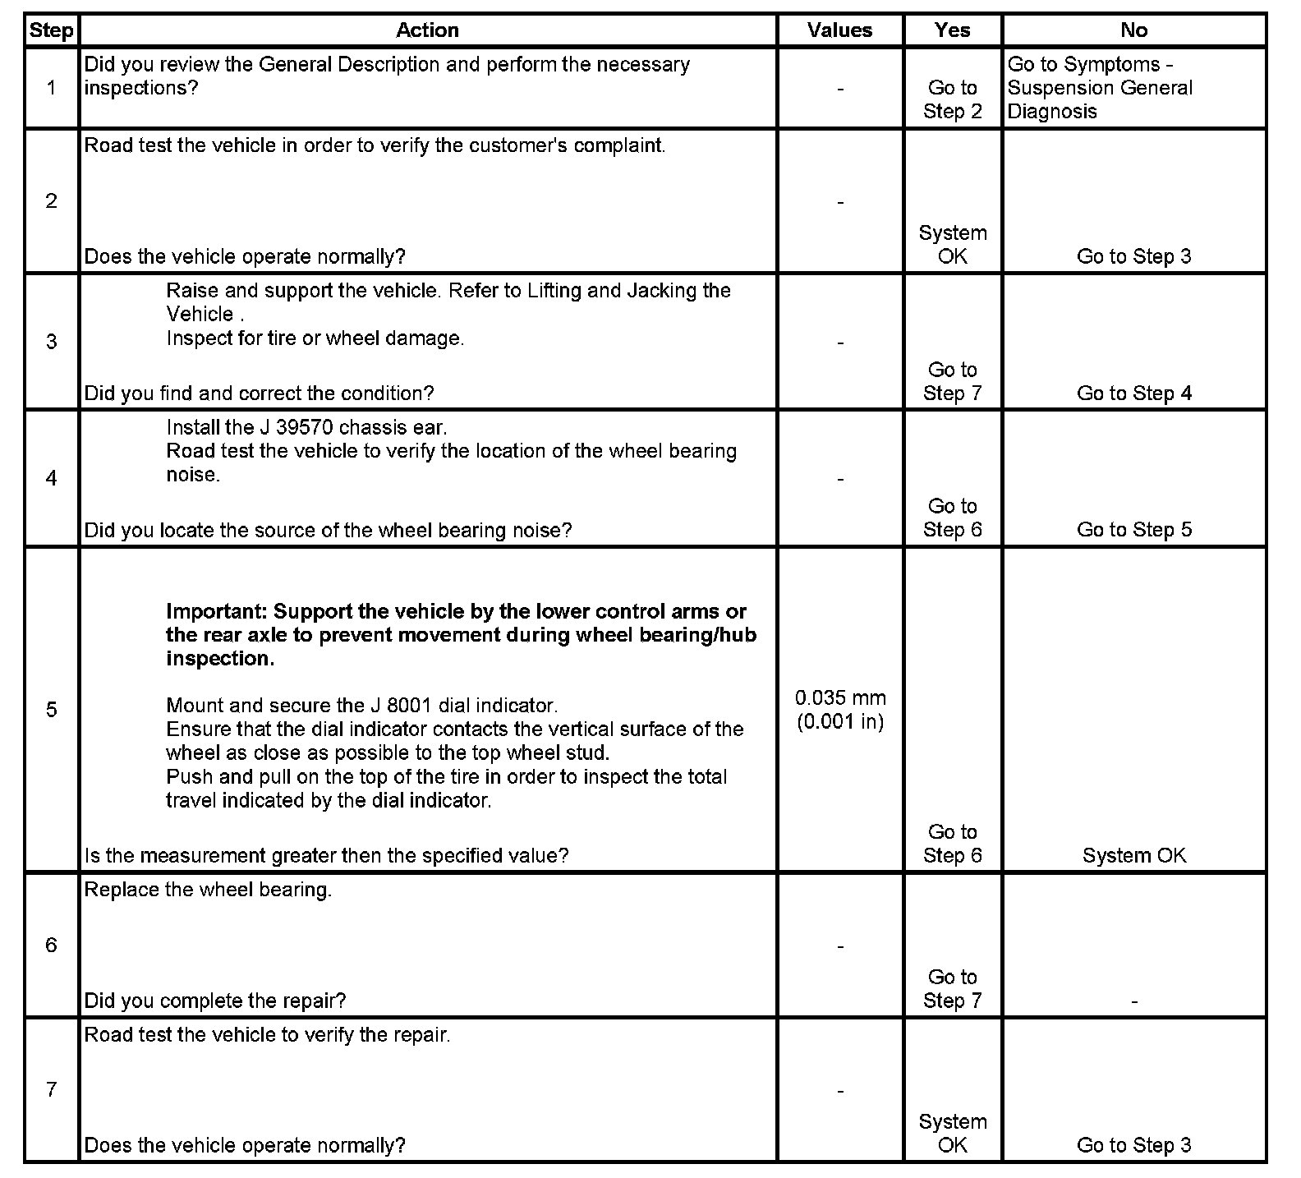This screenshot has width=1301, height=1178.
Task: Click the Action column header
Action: (427, 30)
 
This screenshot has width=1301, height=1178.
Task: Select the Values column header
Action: (839, 30)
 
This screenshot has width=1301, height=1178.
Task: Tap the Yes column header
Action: (952, 30)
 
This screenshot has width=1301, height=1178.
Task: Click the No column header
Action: (1133, 30)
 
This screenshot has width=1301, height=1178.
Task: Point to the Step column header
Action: (51, 30)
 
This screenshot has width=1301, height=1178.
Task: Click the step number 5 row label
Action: (51, 710)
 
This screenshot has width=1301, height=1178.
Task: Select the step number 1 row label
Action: (51, 88)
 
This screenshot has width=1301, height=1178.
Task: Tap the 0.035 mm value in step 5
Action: (840, 698)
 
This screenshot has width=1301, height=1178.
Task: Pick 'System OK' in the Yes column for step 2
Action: (953, 245)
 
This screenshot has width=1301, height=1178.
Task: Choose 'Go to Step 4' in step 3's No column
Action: (1133, 393)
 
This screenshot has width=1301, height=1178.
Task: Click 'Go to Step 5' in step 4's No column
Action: (1133, 530)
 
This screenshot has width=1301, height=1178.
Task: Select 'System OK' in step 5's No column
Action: (1133, 855)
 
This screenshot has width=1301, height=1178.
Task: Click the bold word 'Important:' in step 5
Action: (217, 612)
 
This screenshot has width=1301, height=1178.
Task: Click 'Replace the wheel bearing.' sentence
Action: (208, 890)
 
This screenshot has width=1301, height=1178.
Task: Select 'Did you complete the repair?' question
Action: (215, 1001)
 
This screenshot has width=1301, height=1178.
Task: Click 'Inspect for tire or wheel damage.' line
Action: (315, 338)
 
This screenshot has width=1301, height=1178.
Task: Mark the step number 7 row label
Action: (51, 1089)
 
